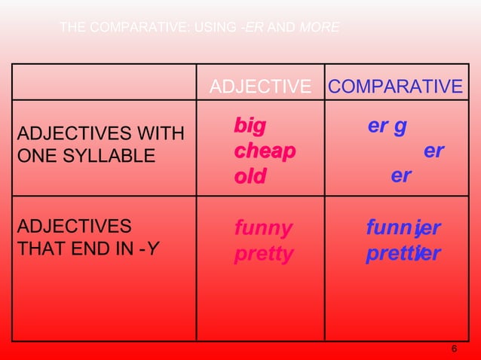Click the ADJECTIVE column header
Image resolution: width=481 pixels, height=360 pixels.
click(x=260, y=87)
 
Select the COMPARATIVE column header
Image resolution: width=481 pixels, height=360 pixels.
click(x=396, y=87)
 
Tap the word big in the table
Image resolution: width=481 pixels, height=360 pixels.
click(x=250, y=126)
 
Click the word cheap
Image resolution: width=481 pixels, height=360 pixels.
click(x=264, y=151)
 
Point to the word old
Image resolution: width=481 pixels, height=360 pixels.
click(x=250, y=176)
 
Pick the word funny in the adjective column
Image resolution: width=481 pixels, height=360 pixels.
click(x=263, y=227)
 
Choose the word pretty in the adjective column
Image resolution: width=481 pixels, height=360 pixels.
click(x=263, y=253)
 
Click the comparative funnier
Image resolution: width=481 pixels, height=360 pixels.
click(x=403, y=227)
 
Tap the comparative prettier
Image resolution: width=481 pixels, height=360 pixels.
click(x=403, y=253)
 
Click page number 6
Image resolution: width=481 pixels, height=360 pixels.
click(x=454, y=349)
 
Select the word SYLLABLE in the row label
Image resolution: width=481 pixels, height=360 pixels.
click(x=113, y=156)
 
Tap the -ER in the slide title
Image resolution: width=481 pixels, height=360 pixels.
click(x=253, y=29)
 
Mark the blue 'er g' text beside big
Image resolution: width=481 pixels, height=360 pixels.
click(x=388, y=126)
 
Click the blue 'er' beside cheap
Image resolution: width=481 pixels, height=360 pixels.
click(x=434, y=151)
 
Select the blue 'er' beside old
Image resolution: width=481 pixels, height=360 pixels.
click(x=401, y=176)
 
